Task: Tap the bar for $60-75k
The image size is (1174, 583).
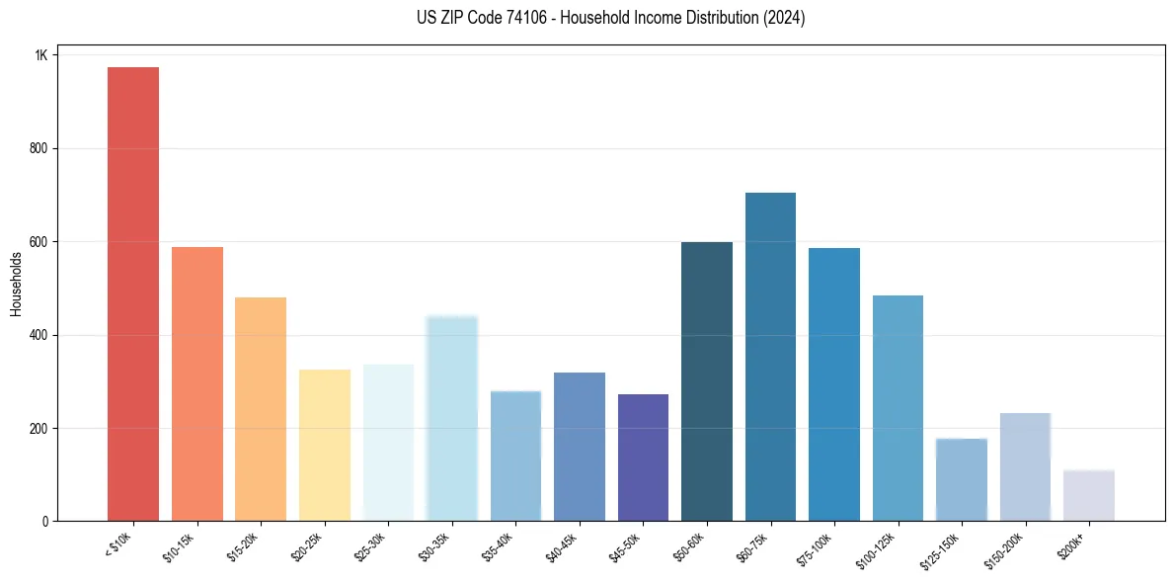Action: (770, 357)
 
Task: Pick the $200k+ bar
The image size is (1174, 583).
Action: (1089, 495)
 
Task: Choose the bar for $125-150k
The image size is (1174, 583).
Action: (962, 479)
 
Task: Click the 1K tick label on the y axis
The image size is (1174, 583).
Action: (40, 55)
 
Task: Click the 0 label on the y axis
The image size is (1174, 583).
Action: (44, 522)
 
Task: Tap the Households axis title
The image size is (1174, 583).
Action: (16, 284)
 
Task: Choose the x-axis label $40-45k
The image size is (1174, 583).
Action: (562, 546)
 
